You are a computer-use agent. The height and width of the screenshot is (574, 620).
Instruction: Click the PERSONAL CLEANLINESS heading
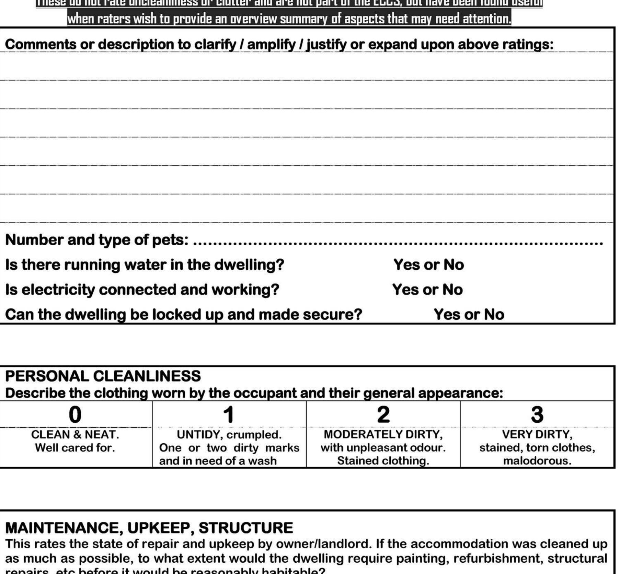(x=103, y=376)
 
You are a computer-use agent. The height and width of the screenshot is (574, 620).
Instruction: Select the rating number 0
(x=75, y=414)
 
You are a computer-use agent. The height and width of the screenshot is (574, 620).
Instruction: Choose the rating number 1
(x=229, y=414)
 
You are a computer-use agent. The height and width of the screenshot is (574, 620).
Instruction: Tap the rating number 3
(x=537, y=414)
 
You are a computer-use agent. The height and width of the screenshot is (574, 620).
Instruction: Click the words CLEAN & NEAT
(x=75, y=435)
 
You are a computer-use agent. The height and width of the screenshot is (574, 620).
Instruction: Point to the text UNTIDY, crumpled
(x=229, y=435)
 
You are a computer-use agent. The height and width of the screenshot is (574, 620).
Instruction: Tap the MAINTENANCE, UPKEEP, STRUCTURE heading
(x=149, y=528)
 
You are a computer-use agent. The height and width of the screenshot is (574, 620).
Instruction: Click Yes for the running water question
(x=407, y=265)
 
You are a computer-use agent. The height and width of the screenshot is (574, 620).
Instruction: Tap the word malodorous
(x=537, y=461)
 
